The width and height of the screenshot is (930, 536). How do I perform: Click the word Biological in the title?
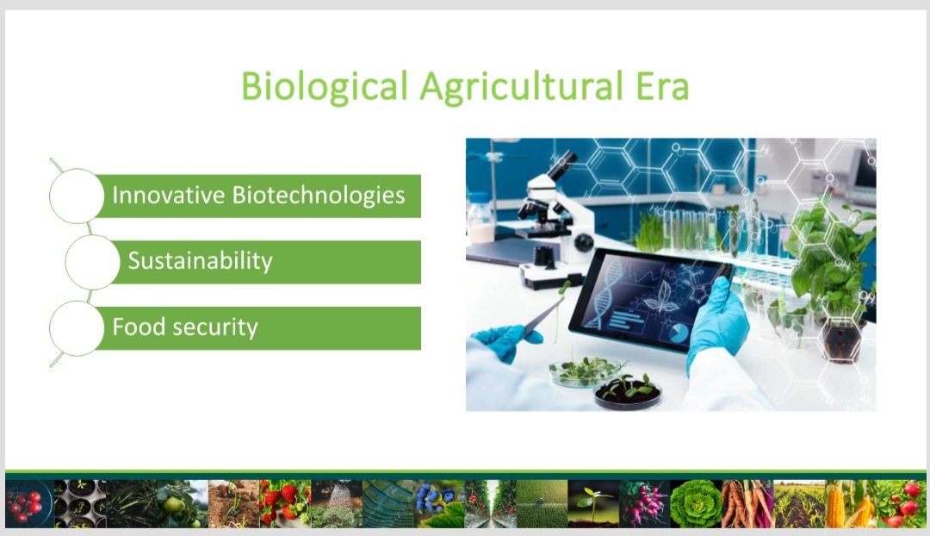pos(324,88)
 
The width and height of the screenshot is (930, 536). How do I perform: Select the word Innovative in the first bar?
pos(169,196)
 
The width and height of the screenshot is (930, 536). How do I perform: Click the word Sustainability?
pos(200,260)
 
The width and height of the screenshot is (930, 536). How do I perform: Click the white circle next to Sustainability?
pos(92,262)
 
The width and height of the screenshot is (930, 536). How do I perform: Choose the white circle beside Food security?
pos(77,328)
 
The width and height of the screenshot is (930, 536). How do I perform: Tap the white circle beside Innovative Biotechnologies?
pos(77,196)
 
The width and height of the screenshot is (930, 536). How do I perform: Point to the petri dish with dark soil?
pos(628,392)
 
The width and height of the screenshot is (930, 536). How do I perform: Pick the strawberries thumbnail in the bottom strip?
pos(284,503)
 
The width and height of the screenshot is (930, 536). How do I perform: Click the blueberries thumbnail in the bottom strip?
pos(438,503)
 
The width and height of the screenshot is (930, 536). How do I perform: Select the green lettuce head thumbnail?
pos(695,503)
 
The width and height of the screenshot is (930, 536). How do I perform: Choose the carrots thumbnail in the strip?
pos(747,503)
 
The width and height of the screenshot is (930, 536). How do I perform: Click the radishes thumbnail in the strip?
pos(644,503)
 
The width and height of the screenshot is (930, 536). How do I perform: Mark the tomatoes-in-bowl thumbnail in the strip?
pos(28,503)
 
